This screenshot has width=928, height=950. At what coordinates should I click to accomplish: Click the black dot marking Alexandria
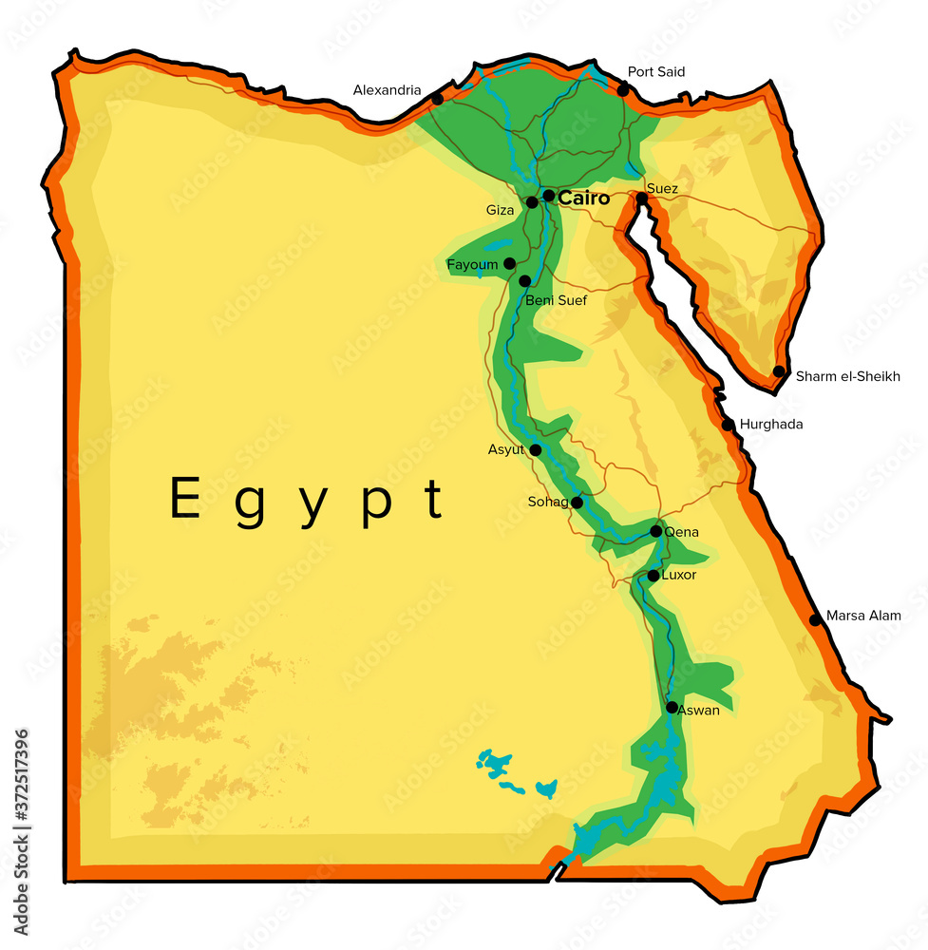[437, 99]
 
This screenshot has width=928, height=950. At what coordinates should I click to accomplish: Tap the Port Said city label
[656, 72]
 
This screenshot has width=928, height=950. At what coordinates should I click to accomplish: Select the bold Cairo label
[583, 199]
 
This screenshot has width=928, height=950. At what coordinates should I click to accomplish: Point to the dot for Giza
[532, 202]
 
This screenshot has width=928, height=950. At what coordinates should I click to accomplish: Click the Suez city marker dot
[642, 199]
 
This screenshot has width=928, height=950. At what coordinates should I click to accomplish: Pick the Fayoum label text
[472, 264]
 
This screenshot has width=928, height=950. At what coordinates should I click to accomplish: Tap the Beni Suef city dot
[524, 281]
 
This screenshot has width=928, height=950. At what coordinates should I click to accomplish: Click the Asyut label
[506, 449]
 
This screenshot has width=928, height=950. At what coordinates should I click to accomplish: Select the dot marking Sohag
[577, 502]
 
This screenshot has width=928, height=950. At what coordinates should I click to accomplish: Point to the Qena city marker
[655, 531]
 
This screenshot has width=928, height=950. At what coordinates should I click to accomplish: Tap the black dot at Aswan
[672, 707]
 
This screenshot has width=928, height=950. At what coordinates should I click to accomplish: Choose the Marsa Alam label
[863, 616]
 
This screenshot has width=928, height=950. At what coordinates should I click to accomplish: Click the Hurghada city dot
[728, 425]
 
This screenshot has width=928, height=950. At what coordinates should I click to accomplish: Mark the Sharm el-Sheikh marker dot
[779, 371]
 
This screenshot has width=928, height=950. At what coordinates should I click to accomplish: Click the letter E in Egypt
[184, 499]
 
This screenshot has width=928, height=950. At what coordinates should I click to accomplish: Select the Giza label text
[500, 210]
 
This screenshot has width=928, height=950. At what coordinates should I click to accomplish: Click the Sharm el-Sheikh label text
[848, 376]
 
